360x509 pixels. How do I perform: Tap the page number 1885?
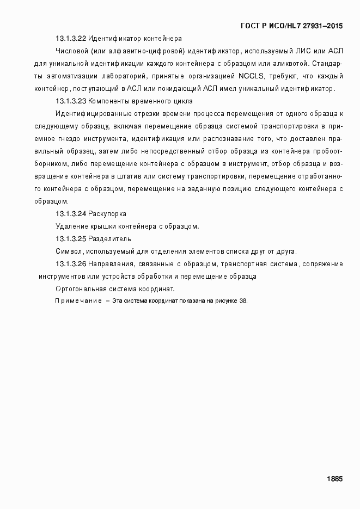point(334,479)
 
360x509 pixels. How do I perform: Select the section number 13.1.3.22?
point(71,39)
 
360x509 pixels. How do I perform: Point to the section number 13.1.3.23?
point(71,101)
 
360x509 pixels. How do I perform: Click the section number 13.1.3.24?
point(71,214)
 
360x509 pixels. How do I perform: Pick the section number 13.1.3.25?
point(71,239)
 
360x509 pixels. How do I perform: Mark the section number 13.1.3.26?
point(71,264)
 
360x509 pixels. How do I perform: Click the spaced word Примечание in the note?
point(78,301)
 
